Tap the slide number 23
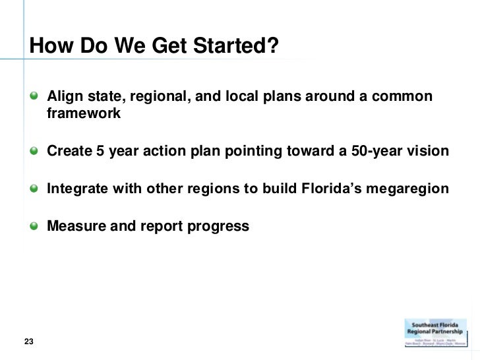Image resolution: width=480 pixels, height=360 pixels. [x=29, y=341]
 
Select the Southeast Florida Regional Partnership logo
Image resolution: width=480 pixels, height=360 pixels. [x=438, y=337]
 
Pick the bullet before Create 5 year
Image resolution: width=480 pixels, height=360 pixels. [x=34, y=152]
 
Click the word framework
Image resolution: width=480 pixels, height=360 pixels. [x=84, y=113]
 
